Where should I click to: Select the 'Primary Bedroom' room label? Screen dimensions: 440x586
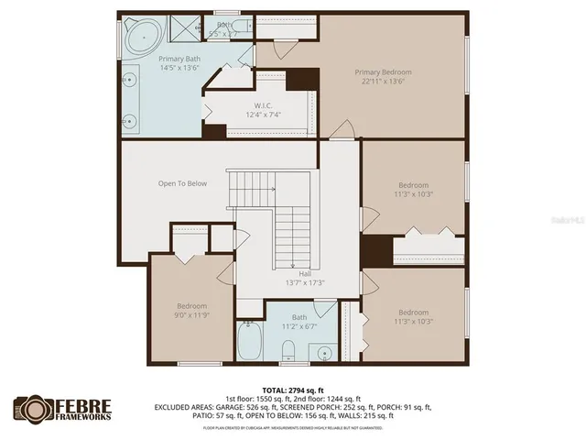pyautogui.click(x=384, y=71)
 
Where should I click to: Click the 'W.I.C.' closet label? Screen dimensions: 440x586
pyautogui.click(x=262, y=105)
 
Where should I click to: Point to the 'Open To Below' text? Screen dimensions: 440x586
pyautogui.click(x=182, y=183)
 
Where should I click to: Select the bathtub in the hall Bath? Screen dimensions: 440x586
pyautogui.click(x=251, y=343)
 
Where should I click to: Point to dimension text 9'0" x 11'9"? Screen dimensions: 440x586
pyautogui.click(x=192, y=314)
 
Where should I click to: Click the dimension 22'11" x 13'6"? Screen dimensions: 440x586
pyautogui.click(x=384, y=81)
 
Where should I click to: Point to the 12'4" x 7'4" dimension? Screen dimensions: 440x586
pyautogui.click(x=262, y=115)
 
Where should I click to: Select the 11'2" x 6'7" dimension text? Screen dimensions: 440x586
pyautogui.click(x=299, y=325)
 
